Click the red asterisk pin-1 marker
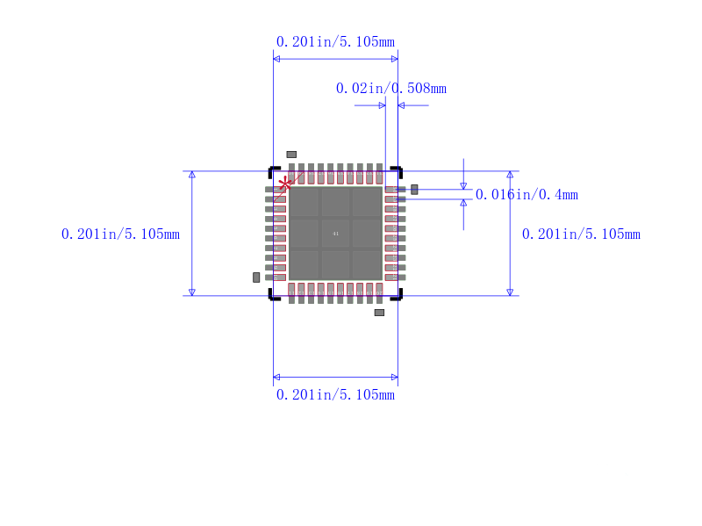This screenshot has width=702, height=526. click(x=285, y=183)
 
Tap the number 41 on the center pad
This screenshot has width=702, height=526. click(x=335, y=234)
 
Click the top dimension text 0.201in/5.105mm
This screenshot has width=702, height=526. click(x=335, y=41)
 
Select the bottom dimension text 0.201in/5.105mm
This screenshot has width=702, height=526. click(x=335, y=395)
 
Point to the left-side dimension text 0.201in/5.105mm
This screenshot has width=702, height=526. click(x=120, y=234)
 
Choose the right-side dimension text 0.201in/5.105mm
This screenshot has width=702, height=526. click(x=581, y=234)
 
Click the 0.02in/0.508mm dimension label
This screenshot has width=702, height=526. click(x=391, y=88)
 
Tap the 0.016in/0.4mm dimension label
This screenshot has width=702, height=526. click(x=526, y=195)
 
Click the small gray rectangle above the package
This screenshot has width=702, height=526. click(x=291, y=155)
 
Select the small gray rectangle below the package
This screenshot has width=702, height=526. click(x=379, y=313)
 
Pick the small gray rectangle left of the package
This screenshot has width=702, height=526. click(x=256, y=277)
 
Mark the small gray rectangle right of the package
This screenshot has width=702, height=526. click(x=414, y=189)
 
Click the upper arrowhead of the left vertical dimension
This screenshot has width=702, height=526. click(x=192, y=175)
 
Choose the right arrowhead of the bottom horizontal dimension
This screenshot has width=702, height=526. click(x=394, y=377)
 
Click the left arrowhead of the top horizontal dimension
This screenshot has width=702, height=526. click(x=277, y=59)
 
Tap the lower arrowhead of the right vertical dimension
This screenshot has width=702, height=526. click(x=510, y=292)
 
